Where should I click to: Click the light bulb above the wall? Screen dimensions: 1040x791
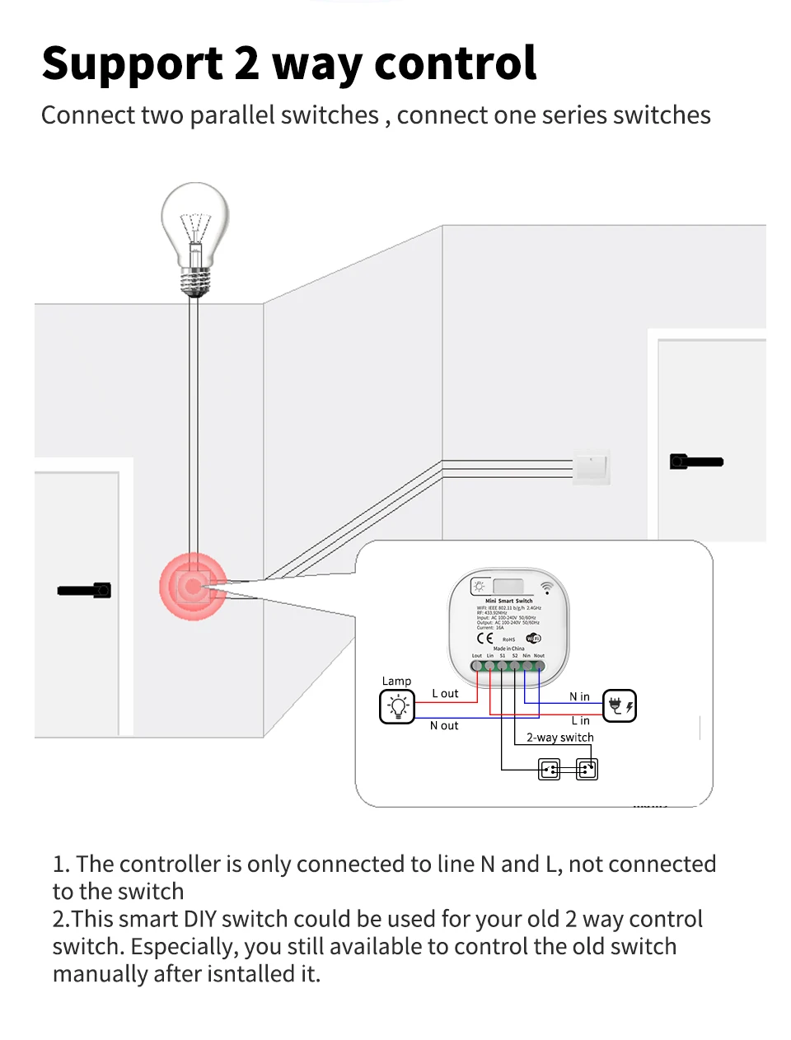tap(195, 235)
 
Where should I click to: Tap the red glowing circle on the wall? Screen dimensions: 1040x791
tap(193, 586)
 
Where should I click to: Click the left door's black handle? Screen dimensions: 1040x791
tap(85, 590)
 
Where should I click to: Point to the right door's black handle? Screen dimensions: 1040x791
tap(696, 461)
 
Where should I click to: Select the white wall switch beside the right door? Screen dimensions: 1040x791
tap(591, 467)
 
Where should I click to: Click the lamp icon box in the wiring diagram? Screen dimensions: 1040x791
tap(397, 706)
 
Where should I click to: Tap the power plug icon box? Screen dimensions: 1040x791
tap(619, 706)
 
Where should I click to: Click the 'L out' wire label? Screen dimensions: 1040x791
tap(445, 694)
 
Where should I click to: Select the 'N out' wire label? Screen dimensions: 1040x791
tap(444, 726)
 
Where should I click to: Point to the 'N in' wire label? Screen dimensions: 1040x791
tap(579, 697)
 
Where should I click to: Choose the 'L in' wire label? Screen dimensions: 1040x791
tap(581, 721)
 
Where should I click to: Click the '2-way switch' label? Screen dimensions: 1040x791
tap(559, 738)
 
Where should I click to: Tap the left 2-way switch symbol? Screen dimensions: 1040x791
tap(549, 770)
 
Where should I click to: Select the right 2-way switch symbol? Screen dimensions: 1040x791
tap(587, 770)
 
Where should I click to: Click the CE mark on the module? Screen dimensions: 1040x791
tap(485, 639)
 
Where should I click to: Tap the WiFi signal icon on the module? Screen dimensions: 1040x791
tap(546, 588)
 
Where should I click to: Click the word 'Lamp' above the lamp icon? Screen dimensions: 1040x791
tap(396, 682)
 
